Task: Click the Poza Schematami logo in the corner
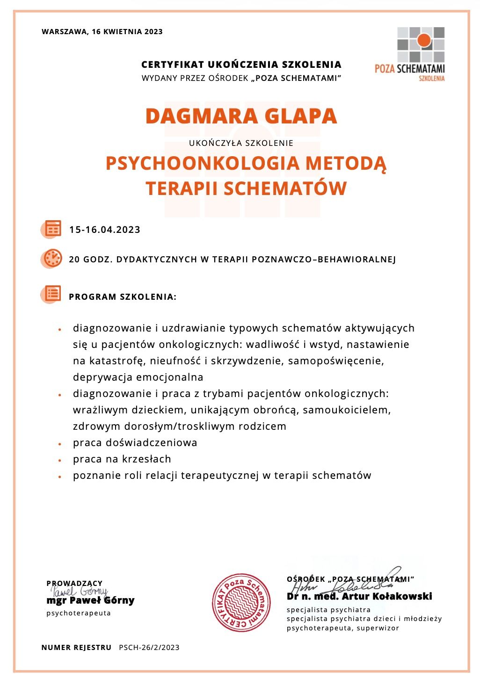410,53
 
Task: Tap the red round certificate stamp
241,603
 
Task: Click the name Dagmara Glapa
241,116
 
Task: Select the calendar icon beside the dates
53,229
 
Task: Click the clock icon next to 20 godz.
53,259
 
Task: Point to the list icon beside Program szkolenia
53,294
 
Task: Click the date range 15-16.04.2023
105,230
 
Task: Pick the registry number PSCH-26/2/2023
149,648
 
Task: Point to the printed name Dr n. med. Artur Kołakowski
359,597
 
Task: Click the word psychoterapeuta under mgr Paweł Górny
79,613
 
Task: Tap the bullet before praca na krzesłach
60,460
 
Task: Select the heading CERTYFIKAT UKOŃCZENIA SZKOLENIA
241,65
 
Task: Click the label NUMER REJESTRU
76,648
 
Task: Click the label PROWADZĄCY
74,583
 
